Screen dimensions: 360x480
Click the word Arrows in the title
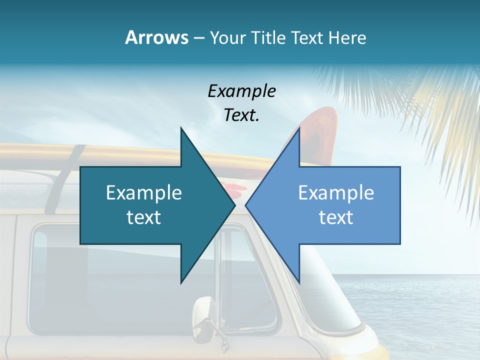156,37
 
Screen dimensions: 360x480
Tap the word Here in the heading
347,37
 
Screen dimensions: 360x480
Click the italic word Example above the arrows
241,91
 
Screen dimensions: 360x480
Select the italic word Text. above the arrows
241,115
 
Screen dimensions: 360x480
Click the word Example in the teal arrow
144,192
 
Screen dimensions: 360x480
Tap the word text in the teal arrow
144,217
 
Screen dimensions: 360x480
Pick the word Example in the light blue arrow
336,192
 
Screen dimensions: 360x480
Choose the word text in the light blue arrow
336,217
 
